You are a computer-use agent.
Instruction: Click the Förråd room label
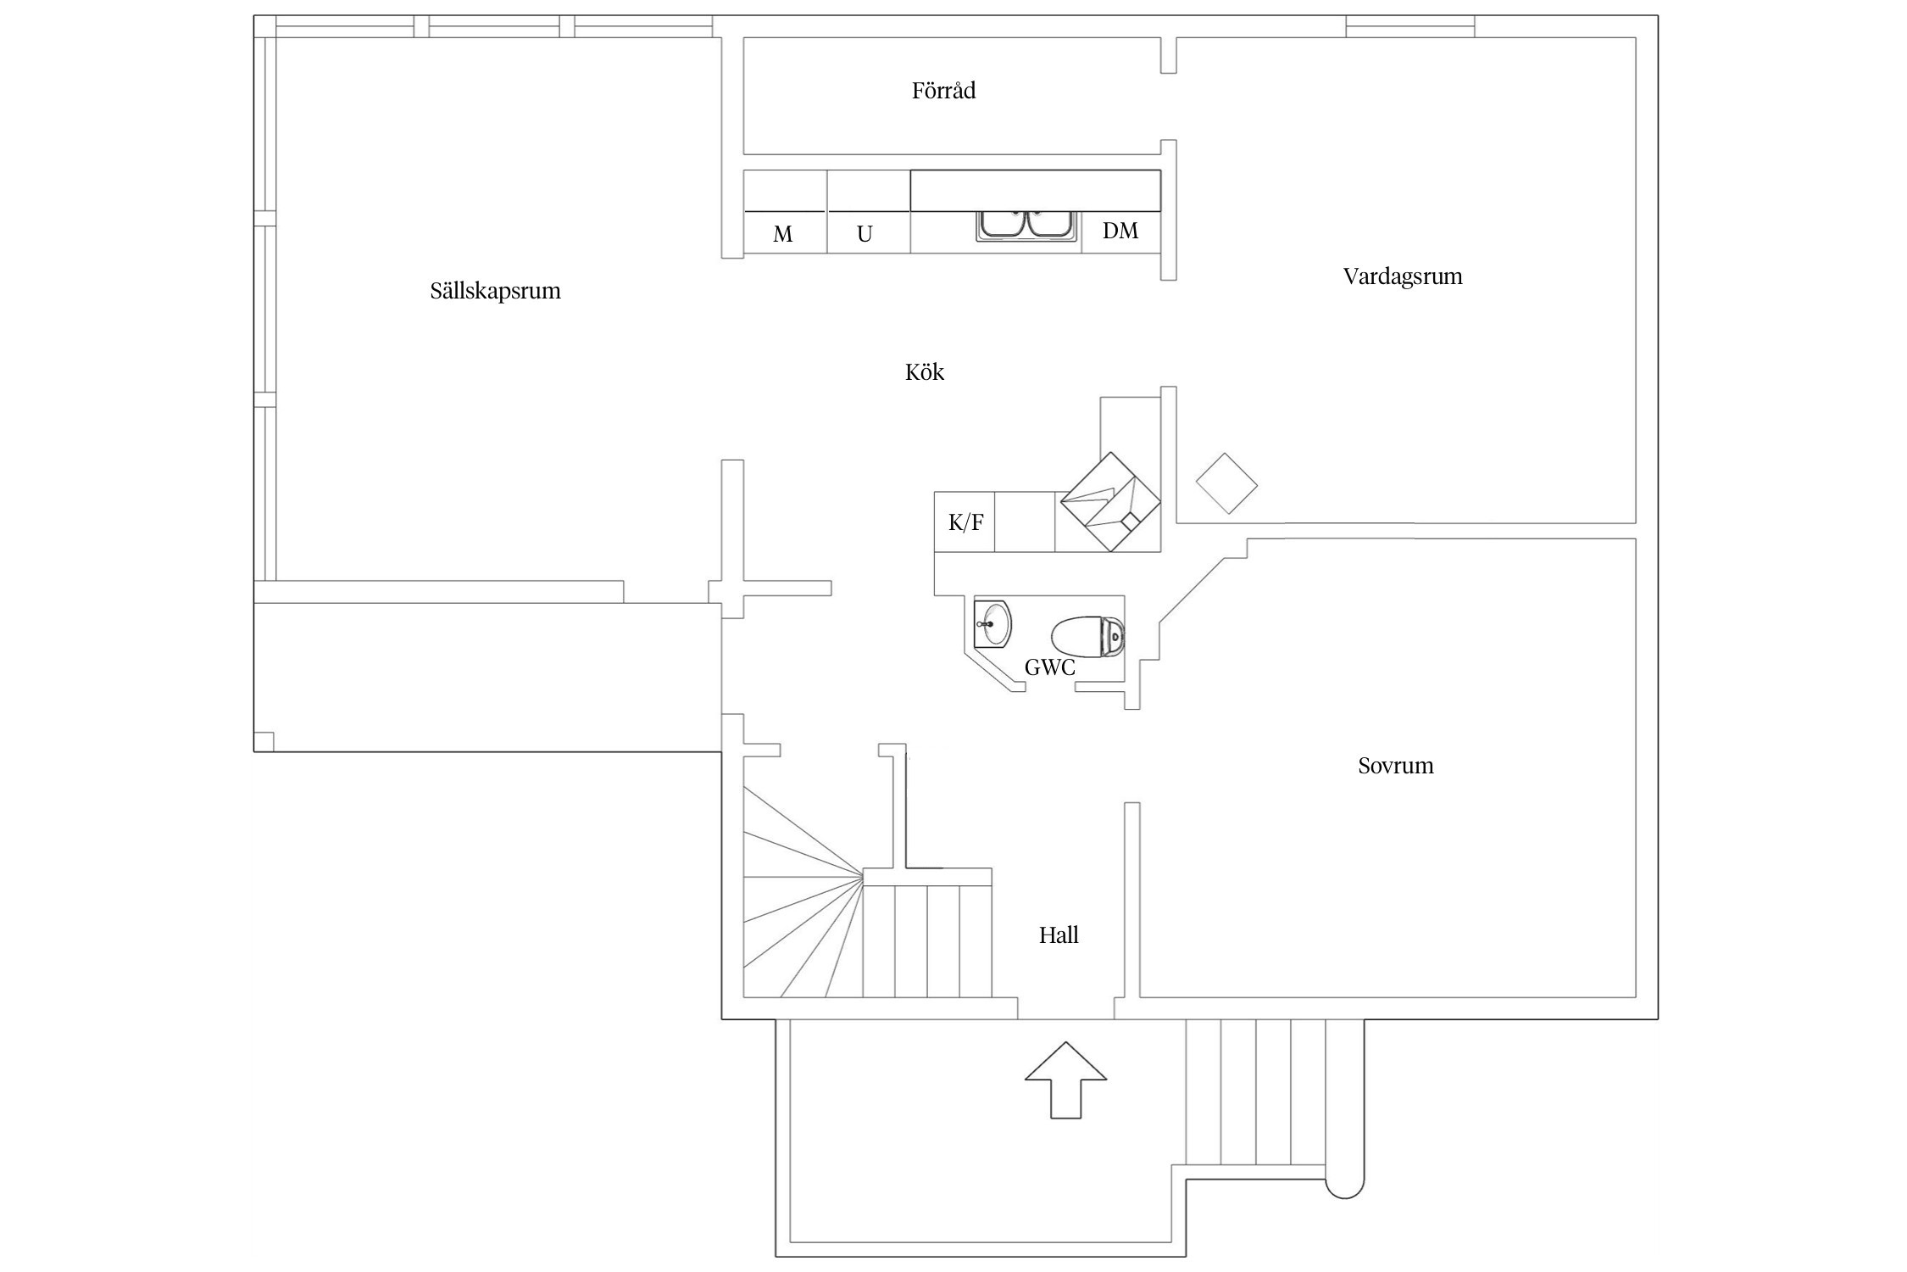(x=943, y=91)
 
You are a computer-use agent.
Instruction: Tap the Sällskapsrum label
(x=495, y=291)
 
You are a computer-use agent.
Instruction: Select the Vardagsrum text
(x=1402, y=276)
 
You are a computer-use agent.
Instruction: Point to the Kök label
(x=924, y=372)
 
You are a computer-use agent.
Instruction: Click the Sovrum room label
(x=1395, y=766)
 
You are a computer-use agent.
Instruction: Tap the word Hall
(x=1059, y=935)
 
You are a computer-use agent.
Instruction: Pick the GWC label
(x=1049, y=668)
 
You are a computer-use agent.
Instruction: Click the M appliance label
(x=782, y=234)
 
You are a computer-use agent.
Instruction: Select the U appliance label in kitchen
(x=865, y=234)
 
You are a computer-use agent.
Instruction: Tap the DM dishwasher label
(x=1120, y=231)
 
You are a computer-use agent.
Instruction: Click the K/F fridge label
(x=965, y=522)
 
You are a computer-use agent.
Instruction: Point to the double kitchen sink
(x=1026, y=226)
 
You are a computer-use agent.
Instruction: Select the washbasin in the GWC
(x=992, y=625)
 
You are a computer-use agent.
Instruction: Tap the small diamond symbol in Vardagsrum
(x=1226, y=483)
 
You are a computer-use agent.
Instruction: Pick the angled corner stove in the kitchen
(x=1110, y=502)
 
